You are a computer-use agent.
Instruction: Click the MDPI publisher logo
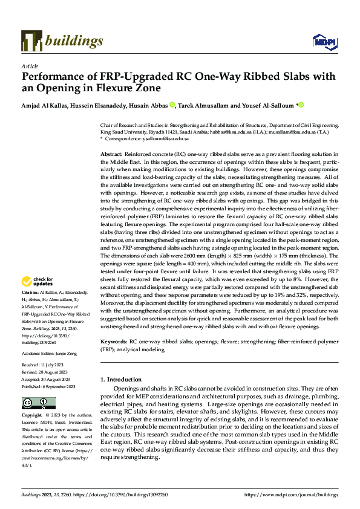point(321,41)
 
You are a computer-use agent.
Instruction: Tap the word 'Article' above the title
point(30,66)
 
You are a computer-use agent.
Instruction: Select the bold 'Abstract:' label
point(111,155)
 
